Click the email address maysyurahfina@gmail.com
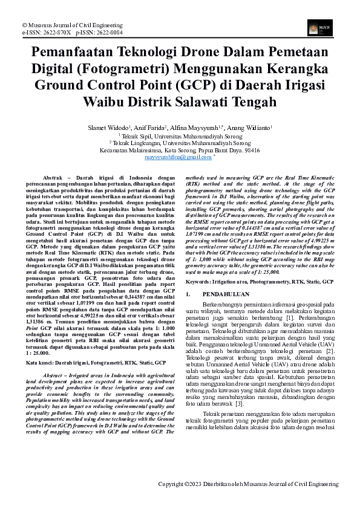point(178,157)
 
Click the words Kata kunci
point(40,362)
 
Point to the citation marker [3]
point(239,403)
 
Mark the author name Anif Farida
point(150,128)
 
